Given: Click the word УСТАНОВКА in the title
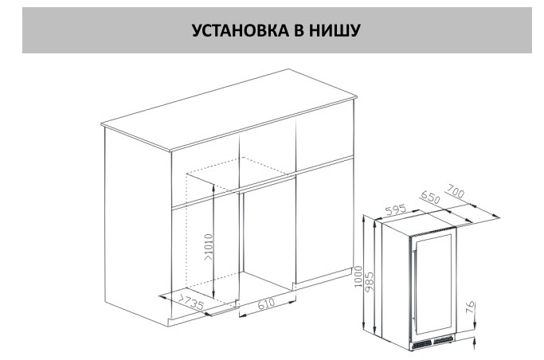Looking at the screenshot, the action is click(240, 30).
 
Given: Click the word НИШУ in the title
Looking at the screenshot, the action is click(335, 30).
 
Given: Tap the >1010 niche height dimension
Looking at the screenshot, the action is click(209, 247).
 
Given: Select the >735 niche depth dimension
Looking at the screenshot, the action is click(190, 302).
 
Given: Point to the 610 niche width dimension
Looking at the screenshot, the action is click(267, 303).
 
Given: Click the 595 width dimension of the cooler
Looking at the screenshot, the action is click(396, 209).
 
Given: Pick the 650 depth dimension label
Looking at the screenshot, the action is click(429, 198).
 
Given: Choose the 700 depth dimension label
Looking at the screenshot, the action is click(455, 191).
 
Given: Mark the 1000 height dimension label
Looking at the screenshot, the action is click(358, 276).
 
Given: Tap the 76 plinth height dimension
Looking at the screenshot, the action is click(469, 307).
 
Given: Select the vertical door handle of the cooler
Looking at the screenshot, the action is click(413, 284).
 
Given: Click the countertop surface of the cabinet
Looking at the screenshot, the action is click(229, 110).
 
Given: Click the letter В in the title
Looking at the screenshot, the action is click(299, 30).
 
